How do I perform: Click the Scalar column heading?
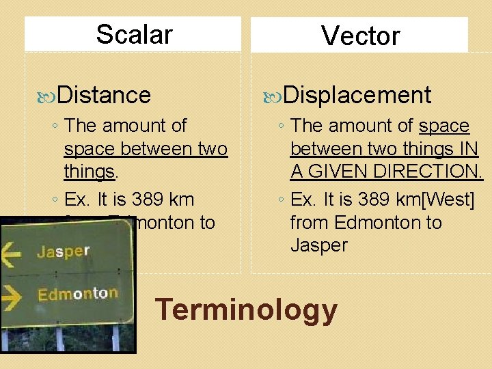click(x=134, y=33)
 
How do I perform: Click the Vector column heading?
click(x=360, y=36)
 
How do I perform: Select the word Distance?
click(x=104, y=94)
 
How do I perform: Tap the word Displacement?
click(x=357, y=94)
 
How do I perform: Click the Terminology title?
click(x=246, y=310)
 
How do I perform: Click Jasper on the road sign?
click(x=63, y=251)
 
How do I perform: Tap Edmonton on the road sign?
click(x=77, y=295)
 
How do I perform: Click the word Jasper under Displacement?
click(x=319, y=245)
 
